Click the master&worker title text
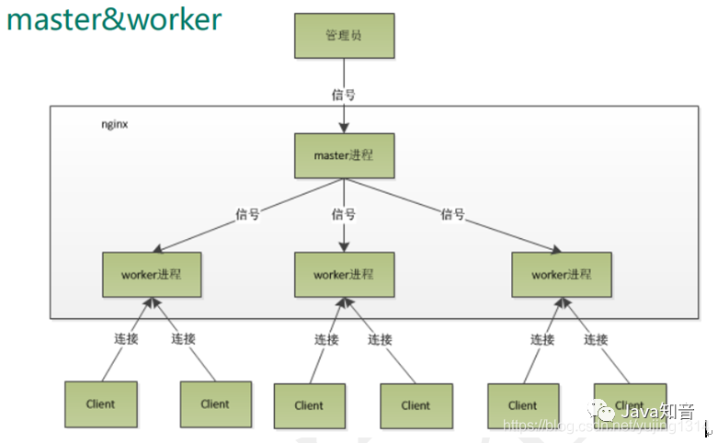point(114,19)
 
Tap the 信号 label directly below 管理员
point(343,95)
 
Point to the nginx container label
point(114,123)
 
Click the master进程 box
point(343,155)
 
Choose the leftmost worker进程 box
point(152,274)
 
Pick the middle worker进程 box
point(343,274)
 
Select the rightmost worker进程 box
point(561,274)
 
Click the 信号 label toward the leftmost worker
point(247,214)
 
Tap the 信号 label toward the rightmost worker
point(452,214)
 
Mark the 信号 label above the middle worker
point(343,214)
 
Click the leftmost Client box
point(101,403)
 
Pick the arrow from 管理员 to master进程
point(343,115)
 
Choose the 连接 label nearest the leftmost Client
point(125,339)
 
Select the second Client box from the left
point(215,403)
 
